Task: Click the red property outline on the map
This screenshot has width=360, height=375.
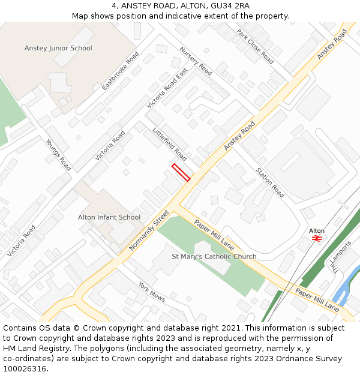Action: coord(181,172)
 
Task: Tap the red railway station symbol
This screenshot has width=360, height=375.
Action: coord(317,238)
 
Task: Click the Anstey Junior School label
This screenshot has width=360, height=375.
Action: coord(58,48)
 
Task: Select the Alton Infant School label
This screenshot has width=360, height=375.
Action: coord(109,217)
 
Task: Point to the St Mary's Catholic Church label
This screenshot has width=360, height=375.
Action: coord(214,256)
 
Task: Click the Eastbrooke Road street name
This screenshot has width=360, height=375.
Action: coord(120,71)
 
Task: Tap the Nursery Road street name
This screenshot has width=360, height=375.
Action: coord(196,61)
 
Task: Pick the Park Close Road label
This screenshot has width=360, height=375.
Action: coord(255,46)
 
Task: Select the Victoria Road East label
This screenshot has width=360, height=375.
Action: coord(167,88)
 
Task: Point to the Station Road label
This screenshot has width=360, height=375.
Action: coord(270,182)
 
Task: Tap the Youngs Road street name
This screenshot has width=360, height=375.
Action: coord(58,155)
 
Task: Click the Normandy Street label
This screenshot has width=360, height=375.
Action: coord(149,230)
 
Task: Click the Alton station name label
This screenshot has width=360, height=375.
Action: coord(317,230)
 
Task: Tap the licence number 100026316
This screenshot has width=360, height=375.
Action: coord(26,369)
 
